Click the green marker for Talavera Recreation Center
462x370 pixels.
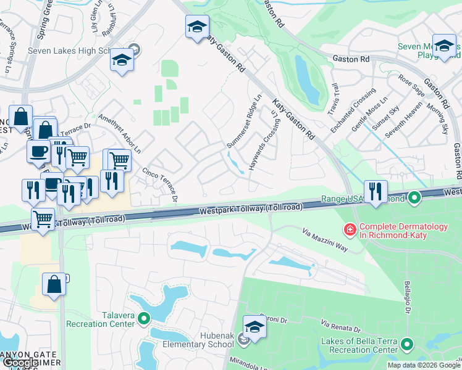[x=144, y=318]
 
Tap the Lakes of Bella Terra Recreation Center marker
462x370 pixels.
[x=407, y=343]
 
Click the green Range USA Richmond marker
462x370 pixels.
[x=414, y=198]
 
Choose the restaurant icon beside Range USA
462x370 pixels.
[x=376, y=192]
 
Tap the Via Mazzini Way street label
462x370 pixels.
[x=325, y=238]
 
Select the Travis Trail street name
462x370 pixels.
[x=334, y=97]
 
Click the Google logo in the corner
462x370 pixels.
[x=20, y=363]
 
